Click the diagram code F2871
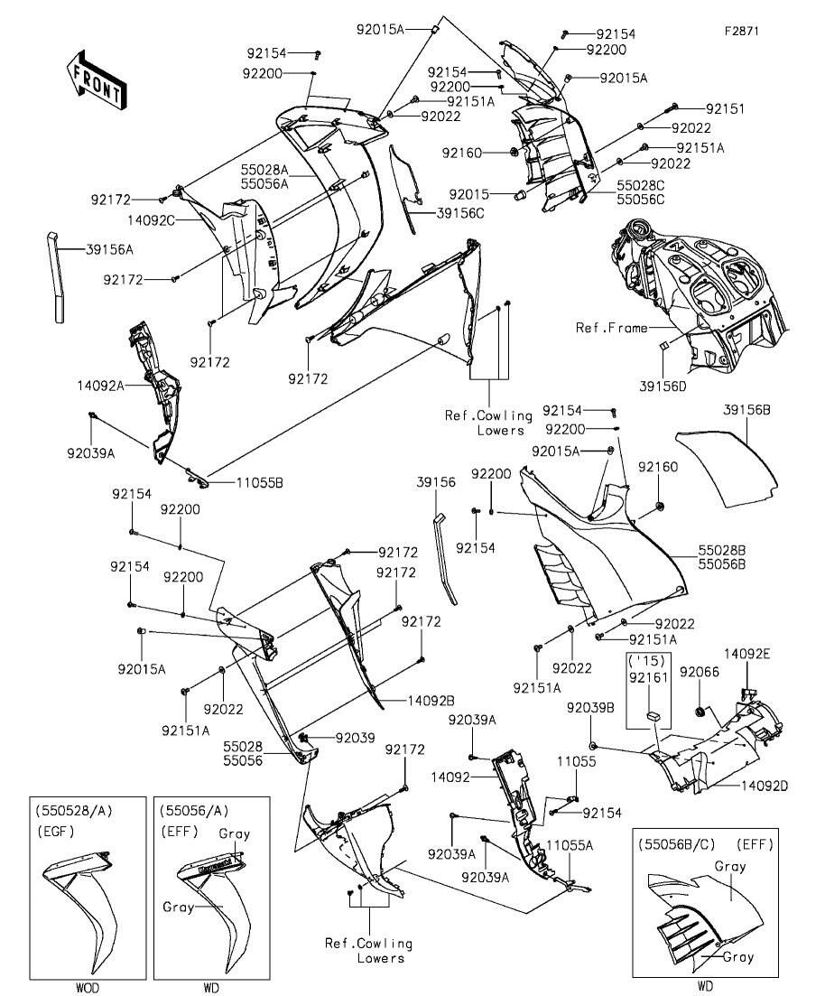coord(742,30)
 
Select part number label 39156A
coord(110,249)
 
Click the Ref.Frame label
coord(611,328)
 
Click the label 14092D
coord(765,786)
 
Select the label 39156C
coord(460,213)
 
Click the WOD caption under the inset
coord(88,987)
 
